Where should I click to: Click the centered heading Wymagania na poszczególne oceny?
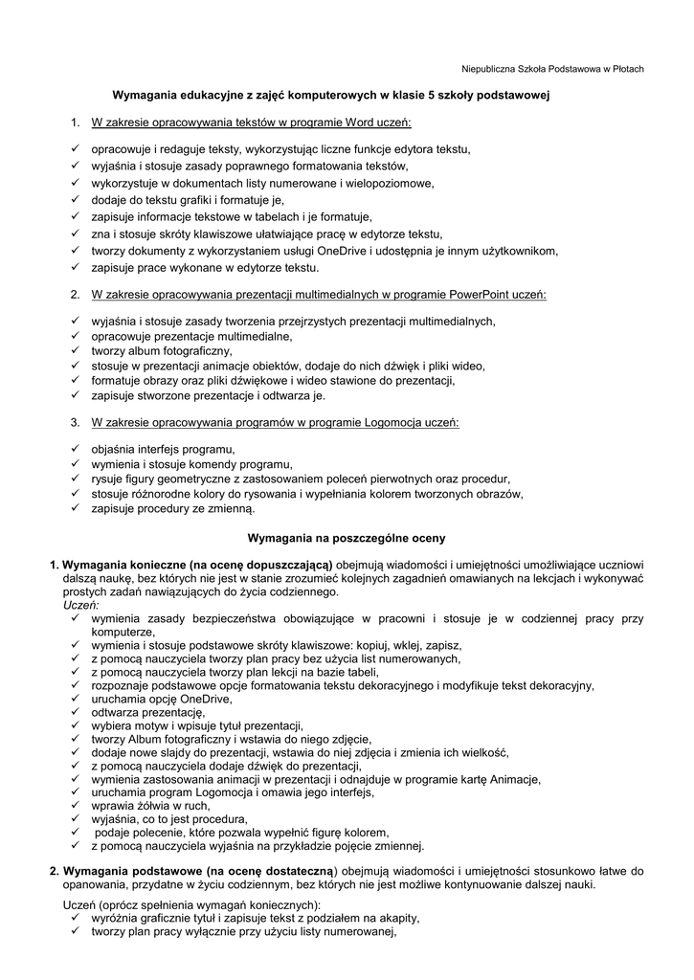(x=346, y=537)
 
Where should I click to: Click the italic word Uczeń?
(x=81, y=606)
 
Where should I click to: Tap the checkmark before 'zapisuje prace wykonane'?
(x=74, y=267)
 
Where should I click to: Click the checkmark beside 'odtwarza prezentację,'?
(x=74, y=712)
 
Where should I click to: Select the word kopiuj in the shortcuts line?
(x=369, y=646)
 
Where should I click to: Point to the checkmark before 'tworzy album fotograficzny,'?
(x=74, y=351)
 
